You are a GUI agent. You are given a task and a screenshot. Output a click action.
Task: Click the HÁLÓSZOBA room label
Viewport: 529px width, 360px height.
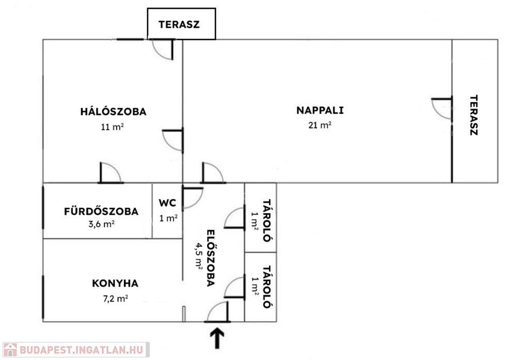pos(113,112)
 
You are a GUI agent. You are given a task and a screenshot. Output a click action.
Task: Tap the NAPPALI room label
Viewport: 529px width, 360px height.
pos(320,111)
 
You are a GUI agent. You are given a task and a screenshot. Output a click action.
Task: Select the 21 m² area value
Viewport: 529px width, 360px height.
pos(320,125)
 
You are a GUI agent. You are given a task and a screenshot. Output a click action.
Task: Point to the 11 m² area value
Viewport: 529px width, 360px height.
pos(112,127)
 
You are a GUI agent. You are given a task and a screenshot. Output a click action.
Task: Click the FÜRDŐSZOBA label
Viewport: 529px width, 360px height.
pos(101,212)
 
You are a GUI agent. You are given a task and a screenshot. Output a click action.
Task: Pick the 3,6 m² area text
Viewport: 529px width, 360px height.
pos(101,224)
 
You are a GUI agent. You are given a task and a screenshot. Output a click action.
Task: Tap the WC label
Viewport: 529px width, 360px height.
pos(167,203)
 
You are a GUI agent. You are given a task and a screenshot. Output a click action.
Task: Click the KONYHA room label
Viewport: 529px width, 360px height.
pos(115,283)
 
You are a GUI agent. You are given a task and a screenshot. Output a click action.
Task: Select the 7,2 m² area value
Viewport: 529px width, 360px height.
pos(115,298)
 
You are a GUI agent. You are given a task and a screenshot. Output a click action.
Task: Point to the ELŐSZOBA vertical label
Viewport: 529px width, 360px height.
pos(211,258)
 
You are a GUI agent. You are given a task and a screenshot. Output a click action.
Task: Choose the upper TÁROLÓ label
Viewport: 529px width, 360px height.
pos(267,221)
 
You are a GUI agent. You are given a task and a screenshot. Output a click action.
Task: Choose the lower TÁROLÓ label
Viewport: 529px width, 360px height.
pos(267,287)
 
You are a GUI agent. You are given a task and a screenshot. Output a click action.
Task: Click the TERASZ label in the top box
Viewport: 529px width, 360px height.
pos(179,25)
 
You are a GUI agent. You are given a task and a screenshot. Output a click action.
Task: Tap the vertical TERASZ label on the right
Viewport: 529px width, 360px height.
pos(474,115)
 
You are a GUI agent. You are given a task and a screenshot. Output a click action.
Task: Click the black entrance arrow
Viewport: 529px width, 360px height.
pos(217,338)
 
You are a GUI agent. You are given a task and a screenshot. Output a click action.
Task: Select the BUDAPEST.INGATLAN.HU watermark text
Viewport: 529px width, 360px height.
pos(81,350)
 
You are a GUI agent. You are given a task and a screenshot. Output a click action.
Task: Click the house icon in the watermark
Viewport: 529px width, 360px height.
pos(10,350)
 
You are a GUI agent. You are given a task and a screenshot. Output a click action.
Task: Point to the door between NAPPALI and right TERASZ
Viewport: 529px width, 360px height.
pos(442,108)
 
